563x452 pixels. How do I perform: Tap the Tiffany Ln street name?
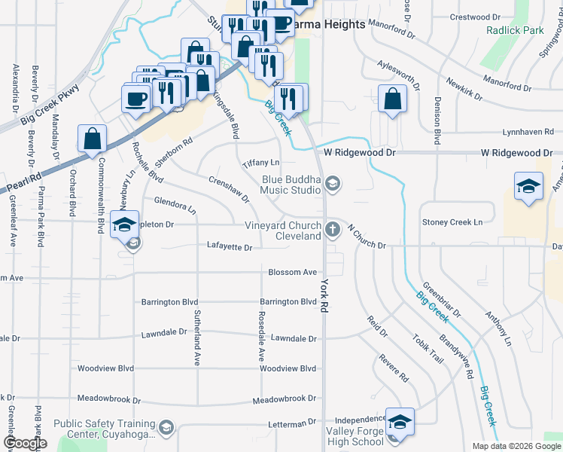[x=260, y=163]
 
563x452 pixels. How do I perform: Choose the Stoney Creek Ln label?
[x=452, y=222]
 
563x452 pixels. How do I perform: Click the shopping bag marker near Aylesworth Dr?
[x=393, y=99]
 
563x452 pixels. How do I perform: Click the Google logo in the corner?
[x=25, y=443]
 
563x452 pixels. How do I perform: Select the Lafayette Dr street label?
[x=230, y=246]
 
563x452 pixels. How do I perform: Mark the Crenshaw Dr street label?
[x=229, y=189]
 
